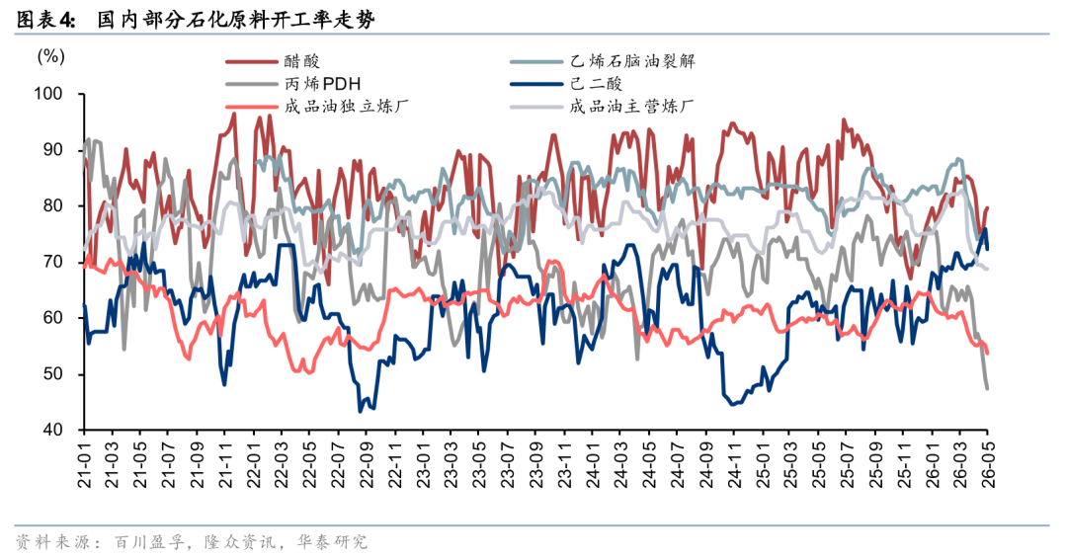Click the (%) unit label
(x=51, y=56)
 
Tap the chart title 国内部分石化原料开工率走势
(x=236, y=20)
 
